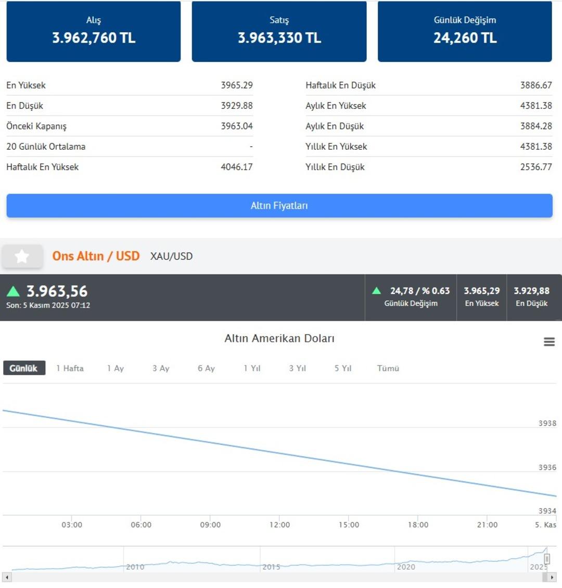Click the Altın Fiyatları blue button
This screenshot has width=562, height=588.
(279, 206)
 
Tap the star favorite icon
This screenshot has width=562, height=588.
(22, 256)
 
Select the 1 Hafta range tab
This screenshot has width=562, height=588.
(70, 368)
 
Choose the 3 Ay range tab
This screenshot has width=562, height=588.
(161, 368)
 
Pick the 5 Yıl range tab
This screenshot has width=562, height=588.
(343, 368)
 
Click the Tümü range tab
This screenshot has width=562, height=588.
(388, 368)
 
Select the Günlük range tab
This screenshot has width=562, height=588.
(24, 368)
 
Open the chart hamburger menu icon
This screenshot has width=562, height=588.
(549, 342)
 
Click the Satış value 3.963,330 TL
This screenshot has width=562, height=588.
(279, 38)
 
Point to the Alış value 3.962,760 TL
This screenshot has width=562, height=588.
(94, 38)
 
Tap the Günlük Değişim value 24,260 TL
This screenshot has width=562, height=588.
(465, 38)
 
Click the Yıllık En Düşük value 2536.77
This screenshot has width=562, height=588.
(536, 167)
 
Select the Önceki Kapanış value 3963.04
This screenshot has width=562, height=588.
(237, 126)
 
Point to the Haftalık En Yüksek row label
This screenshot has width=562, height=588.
(43, 167)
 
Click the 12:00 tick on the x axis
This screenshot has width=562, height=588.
(279, 525)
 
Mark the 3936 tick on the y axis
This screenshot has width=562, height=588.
(547, 467)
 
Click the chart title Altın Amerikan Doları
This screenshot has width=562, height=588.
(279, 338)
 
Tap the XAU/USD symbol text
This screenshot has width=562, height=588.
(171, 256)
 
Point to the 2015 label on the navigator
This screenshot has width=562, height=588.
(271, 567)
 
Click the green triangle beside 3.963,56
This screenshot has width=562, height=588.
(13, 291)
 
